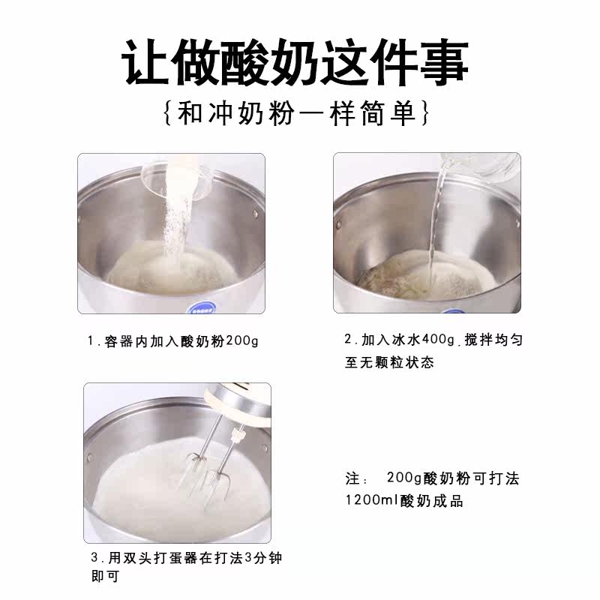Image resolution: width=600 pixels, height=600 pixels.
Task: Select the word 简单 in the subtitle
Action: [388, 114]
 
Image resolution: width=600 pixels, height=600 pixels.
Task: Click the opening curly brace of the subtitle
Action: [167, 114]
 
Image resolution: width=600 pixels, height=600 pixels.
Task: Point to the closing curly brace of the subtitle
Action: [425, 114]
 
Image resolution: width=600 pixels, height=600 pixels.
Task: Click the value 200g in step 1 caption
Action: [242, 340]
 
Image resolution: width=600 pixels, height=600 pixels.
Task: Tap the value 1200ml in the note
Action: [372, 499]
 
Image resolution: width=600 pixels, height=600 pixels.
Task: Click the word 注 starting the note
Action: [352, 478]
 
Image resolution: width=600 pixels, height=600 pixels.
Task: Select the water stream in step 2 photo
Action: [436, 218]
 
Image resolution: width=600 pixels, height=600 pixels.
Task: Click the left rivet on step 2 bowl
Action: [338, 223]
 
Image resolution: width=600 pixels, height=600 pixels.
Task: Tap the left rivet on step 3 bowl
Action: [90, 457]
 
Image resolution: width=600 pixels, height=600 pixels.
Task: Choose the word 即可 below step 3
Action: [106, 576]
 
